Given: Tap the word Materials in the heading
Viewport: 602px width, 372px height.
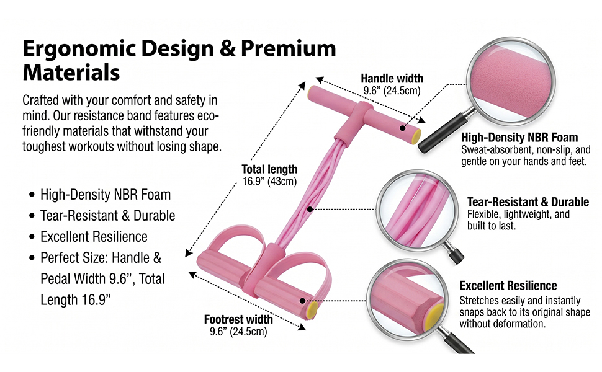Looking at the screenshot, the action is pos(71,72).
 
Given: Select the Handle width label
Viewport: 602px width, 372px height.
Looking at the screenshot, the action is pos(392,78).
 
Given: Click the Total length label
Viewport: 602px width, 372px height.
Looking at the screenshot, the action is pos(269,169).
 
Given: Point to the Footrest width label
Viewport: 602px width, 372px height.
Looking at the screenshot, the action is pos(238,319).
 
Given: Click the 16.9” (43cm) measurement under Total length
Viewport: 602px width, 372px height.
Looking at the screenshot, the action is pos(269,181).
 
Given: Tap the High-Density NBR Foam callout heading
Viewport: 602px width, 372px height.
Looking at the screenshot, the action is pos(519,137).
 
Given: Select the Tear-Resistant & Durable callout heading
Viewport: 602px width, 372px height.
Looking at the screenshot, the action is pos(528,201).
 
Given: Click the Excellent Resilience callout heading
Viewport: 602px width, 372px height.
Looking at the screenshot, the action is pos(508,285).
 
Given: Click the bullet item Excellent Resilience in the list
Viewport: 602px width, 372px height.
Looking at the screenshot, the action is pos(94,237).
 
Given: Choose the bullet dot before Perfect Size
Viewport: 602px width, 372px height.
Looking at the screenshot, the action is pos(32,258).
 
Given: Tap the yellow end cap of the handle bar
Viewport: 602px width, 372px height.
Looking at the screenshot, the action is pos(416,137).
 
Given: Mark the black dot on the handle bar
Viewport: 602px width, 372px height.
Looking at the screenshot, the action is pos(402,128).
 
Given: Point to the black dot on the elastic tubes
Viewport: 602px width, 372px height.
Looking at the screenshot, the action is pos(310,209).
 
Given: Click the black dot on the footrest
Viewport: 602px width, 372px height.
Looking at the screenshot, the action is pos(302,301).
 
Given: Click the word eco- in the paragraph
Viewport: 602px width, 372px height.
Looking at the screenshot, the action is pos(209,115).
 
